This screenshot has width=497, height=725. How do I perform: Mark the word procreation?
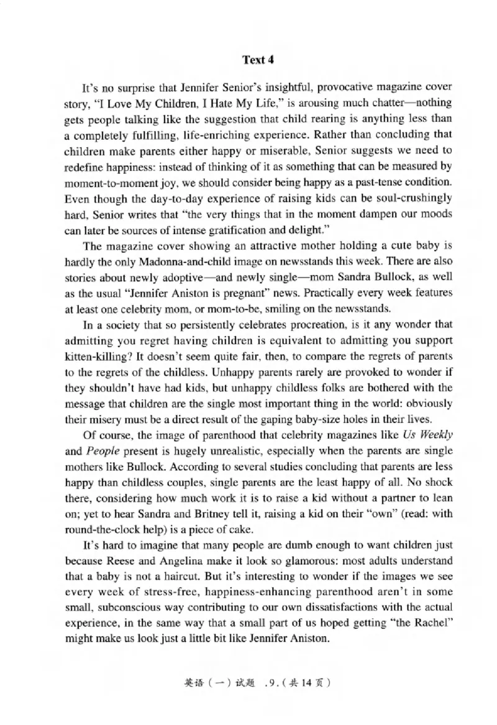pos(280,326)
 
